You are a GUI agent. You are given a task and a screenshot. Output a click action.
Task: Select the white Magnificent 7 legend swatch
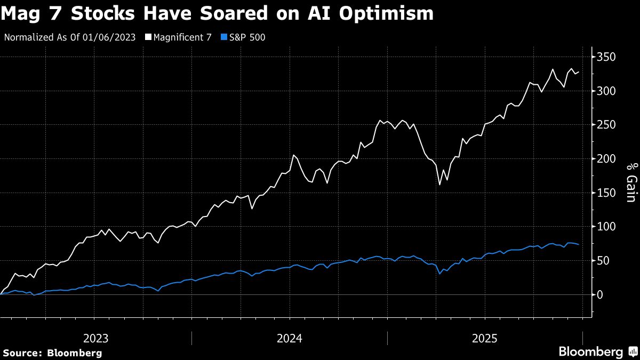coord(148,37)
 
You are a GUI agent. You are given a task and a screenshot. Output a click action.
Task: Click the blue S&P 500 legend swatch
coord(224,37)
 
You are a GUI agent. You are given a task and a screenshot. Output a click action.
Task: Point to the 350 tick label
coord(607,57)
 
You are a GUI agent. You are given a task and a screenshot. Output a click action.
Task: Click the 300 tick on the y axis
coord(607,91)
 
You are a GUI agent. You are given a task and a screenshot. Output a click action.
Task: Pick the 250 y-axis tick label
coord(607,125)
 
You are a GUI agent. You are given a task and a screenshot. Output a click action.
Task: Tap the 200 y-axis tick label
coord(607,159)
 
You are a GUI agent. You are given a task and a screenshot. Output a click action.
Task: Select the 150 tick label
coord(607,193)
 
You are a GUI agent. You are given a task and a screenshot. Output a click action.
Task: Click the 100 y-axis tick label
coord(607,227)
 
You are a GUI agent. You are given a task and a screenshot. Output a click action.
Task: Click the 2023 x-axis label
coord(96,338)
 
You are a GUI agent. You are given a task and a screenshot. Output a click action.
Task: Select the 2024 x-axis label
coord(290,338)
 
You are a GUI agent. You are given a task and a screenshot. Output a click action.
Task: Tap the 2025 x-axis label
coord(485,338)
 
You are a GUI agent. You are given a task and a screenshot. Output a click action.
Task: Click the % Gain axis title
coord(630,183)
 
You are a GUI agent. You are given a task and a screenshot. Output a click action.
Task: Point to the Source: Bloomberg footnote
coord(52,353)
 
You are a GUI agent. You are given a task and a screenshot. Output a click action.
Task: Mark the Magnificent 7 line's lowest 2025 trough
coord(439,185)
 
